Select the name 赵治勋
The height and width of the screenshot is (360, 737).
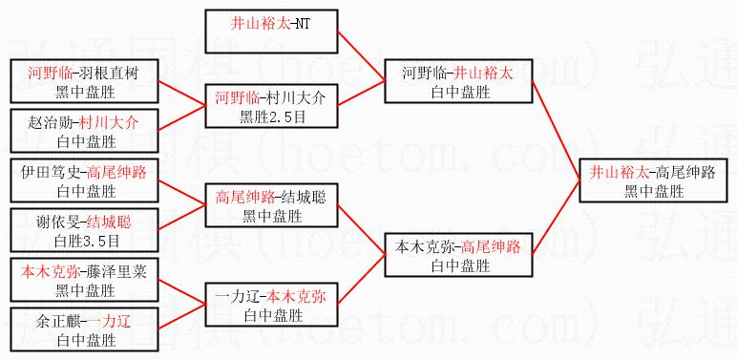click(x=50, y=123)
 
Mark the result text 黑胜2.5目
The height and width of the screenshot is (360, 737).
click(x=272, y=117)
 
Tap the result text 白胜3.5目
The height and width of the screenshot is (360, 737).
click(x=87, y=242)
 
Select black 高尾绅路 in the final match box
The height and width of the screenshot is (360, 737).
click(x=685, y=173)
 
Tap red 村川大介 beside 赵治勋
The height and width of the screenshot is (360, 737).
click(x=109, y=123)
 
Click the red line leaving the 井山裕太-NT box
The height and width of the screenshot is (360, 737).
click(x=362, y=56)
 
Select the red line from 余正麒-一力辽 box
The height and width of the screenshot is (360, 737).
click(x=181, y=316)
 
